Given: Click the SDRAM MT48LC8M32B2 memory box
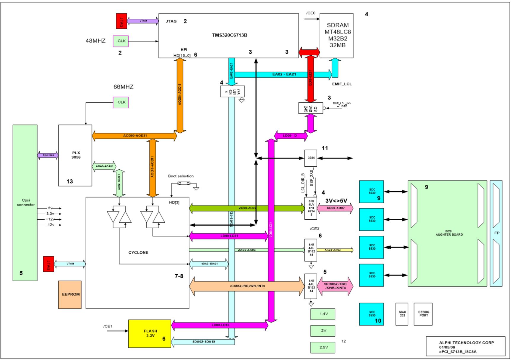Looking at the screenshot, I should [337, 36].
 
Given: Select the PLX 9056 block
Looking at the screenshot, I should [75, 155].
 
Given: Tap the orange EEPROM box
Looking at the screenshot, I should [70, 295].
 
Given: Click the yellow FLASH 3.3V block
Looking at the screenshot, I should [150, 334].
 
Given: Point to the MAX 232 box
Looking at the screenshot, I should [402, 314].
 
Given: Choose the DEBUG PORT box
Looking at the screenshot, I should [423, 314].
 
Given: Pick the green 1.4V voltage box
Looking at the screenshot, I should [323, 314].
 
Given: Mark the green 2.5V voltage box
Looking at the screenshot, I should [323, 348].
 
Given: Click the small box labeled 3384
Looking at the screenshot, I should [311, 158].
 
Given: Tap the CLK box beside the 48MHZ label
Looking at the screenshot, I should [121, 41].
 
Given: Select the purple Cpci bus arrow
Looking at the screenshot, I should [48, 155].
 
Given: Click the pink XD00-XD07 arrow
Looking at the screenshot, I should [335, 208].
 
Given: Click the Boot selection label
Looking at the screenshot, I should [181, 176].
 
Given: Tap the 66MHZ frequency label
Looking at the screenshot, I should [123, 87].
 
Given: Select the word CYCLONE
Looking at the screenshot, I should [138, 253].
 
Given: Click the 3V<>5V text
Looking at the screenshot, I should [336, 201].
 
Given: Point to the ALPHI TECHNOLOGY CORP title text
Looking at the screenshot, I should [466, 343].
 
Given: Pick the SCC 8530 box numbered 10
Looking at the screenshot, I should [371, 314].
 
